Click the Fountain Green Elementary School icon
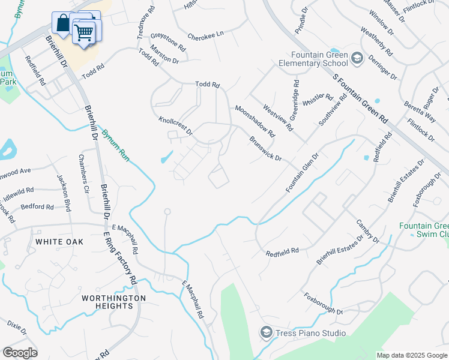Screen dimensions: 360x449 click(357, 58)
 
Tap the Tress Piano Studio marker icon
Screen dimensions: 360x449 click(265, 332)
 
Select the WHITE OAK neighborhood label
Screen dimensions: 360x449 click(59, 241)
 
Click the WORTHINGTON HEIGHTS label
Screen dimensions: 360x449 click(113, 302)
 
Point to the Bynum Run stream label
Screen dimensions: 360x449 click(116, 144)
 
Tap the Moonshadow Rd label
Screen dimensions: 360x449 click(255, 121)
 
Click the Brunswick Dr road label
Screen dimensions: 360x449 click(265, 149)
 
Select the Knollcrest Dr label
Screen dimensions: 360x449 click(175, 125)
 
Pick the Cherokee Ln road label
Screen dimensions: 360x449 click(205, 35)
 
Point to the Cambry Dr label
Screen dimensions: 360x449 click(368, 231)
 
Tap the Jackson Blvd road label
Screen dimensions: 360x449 click(64, 193)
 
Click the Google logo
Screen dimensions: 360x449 click(20, 352)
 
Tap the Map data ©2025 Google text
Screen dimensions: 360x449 click(411, 355)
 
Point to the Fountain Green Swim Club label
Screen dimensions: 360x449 click(424, 230)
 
